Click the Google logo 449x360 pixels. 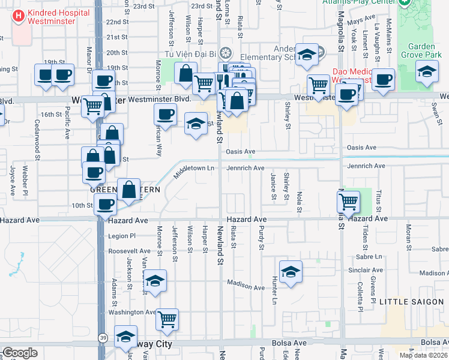pyautogui.click(x=20, y=353)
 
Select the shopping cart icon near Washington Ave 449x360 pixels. pyautogui.click(x=167, y=319)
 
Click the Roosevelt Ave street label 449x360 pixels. pyautogui.click(x=130, y=251)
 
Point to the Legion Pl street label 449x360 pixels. pyautogui.click(x=122, y=236)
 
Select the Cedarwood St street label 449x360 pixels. pyautogui.click(x=37, y=139)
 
